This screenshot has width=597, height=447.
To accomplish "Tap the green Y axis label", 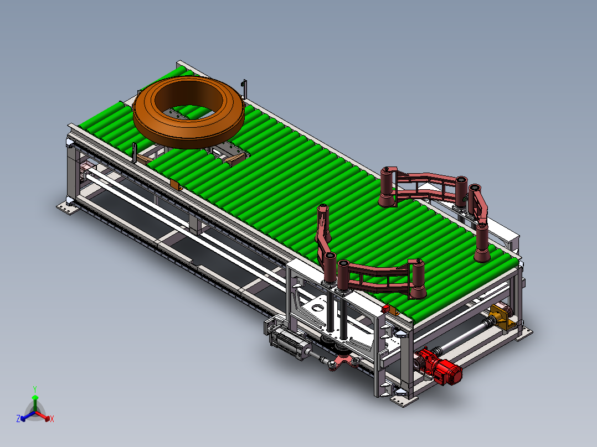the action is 35,389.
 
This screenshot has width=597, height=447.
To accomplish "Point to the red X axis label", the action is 52,419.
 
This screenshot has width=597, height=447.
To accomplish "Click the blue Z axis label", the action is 18,418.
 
